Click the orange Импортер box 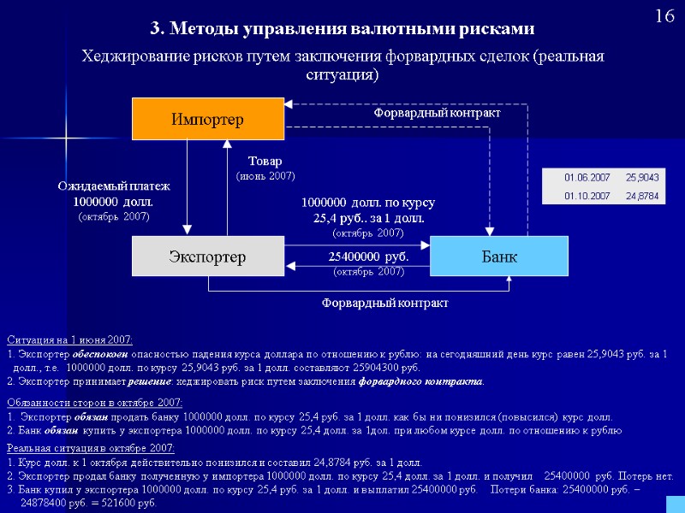(x=207, y=119)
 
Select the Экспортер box (x=207, y=256)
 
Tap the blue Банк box (x=498, y=256)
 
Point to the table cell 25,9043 (x=641, y=177)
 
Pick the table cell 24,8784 (x=641, y=196)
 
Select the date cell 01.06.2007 (x=587, y=177)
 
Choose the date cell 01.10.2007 (x=587, y=196)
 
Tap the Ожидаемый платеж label (x=114, y=186)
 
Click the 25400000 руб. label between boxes (x=368, y=256)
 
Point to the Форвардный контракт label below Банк (x=384, y=303)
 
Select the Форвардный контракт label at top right (x=437, y=113)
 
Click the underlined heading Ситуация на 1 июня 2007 (x=69, y=339)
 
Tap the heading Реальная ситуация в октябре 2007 (x=90, y=448)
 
